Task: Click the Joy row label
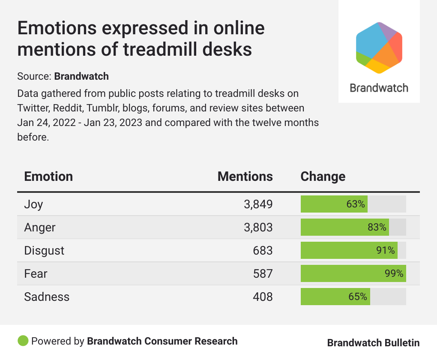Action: tap(33, 204)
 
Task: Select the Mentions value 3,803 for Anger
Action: tap(258, 227)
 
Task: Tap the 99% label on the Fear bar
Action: tap(394, 273)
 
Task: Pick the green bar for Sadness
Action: tap(335, 297)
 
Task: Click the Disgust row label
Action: tap(44, 250)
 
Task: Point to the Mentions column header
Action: tap(245, 177)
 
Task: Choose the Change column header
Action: tap(323, 177)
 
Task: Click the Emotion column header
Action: tap(48, 177)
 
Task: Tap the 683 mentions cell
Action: tap(262, 250)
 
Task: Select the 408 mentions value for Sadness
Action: tap(262, 297)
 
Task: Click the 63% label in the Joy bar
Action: tap(356, 204)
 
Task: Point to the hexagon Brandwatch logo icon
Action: tap(379, 47)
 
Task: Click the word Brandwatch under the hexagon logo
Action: tap(379, 88)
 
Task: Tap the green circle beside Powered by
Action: tap(23, 341)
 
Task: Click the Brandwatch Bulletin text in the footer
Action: tap(373, 343)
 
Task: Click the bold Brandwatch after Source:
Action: tap(81, 77)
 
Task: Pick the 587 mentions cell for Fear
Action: tap(262, 273)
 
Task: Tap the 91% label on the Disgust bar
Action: tap(385, 250)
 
